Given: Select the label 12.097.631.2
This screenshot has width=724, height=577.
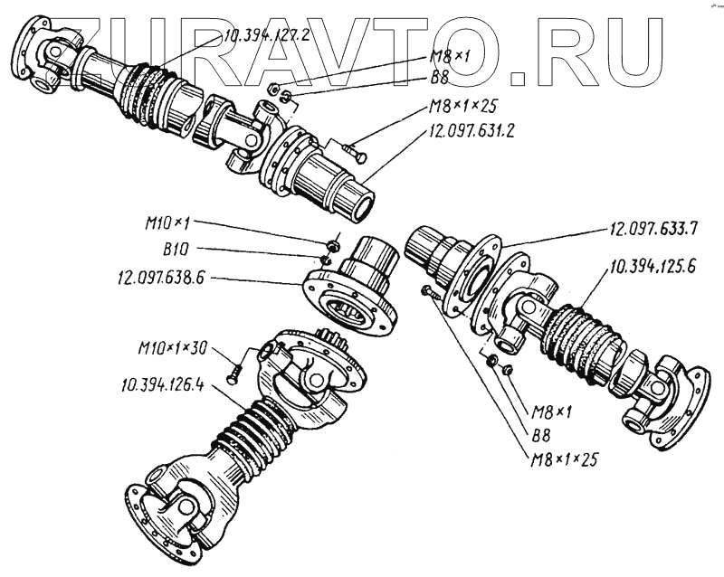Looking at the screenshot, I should pos(470,128).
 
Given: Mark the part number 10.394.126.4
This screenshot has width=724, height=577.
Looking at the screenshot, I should pos(161,385).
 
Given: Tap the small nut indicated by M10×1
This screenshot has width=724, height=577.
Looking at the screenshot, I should pos(334,243).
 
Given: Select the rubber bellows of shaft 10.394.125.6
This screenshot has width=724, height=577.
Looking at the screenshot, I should pos(580,339).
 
